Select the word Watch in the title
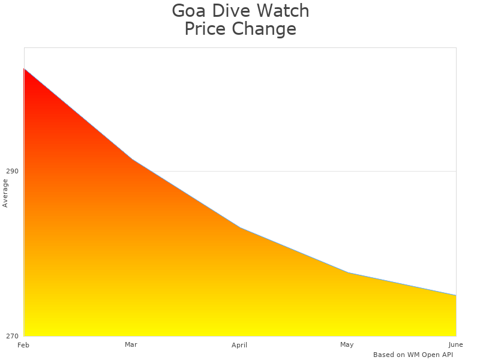pos(284,11)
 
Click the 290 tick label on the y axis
pos(12,171)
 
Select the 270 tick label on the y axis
pos(12,336)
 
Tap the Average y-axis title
pos(5,193)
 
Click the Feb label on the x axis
pos(23,345)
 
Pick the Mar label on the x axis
pos(131,344)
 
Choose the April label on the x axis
pos(239,345)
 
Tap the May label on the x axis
pos(347,344)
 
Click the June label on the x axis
pos(455,344)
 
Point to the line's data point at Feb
pos(24,68)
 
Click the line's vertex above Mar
pos(132,159)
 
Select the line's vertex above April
pos(240,227)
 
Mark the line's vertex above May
pos(348,273)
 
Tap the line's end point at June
pos(456,295)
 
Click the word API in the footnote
pos(446,355)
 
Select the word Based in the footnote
pos(383,355)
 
